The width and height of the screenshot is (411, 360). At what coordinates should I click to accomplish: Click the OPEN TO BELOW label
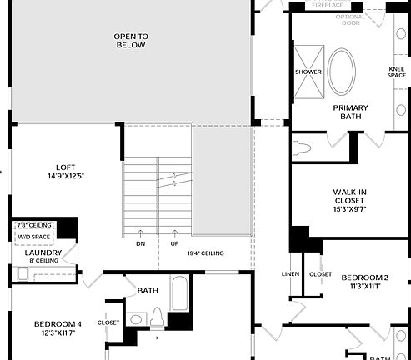pyautogui.click(x=130, y=40)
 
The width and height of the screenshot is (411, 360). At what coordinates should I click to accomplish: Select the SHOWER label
pyautogui.click(x=308, y=72)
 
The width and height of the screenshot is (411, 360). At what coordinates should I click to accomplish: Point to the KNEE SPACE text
pyautogui.click(x=397, y=72)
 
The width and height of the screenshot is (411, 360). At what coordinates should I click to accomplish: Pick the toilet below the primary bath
pyautogui.click(x=303, y=149)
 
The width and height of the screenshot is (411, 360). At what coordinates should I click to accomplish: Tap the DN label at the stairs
pyautogui.click(x=140, y=243)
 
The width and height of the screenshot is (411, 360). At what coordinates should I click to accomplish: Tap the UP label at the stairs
pyautogui.click(x=175, y=243)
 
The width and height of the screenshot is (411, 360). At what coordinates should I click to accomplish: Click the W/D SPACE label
pyautogui.click(x=33, y=237)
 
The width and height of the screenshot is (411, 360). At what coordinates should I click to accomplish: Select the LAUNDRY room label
pyautogui.click(x=42, y=252)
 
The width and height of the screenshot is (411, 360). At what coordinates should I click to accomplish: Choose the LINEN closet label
pyautogui.click(x=291, y=273)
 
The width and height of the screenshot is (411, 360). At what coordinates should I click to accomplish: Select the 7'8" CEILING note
pyautogui.click(x=33, y=225)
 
